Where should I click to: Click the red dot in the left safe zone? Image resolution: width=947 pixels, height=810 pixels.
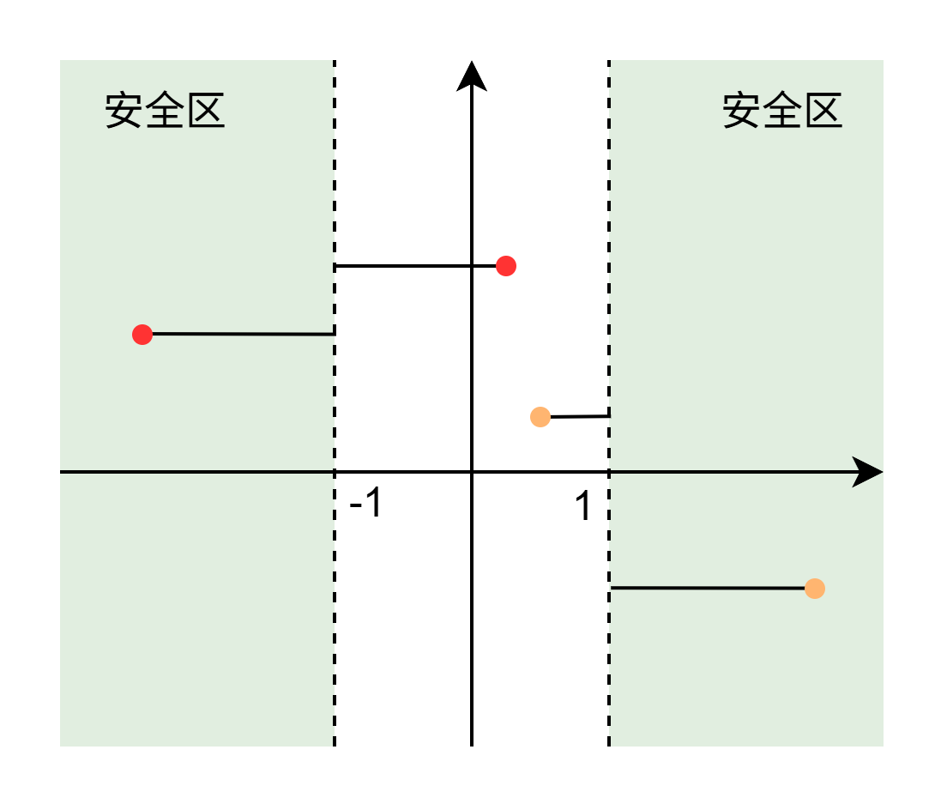(x=142, y=334)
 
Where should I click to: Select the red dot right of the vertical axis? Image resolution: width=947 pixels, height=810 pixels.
(x=506, y=266)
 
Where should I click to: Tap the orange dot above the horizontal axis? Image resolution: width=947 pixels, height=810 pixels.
(x=540, y=417)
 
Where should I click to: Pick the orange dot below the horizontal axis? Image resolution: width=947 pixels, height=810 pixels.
(x=815, y=589)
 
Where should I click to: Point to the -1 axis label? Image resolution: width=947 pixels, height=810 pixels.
(x=366, y=502)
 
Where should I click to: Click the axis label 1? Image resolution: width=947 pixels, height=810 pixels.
(x=582, y=505)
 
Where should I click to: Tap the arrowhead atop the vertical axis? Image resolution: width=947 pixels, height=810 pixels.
(x=472, y=76)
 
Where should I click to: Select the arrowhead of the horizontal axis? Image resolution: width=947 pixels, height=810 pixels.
(x=867, y=472)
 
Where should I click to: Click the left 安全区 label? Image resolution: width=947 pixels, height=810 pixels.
(x=165, y=110)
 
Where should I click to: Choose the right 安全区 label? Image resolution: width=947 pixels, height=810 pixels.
(x=782, y=110)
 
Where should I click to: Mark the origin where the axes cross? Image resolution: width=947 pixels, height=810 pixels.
(x=472, y=472)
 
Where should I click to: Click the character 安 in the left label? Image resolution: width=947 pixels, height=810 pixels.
(x=124, y=110)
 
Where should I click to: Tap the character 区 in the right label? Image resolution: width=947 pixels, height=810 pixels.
(x=823, y=110)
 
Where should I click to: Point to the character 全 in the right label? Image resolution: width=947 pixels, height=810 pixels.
(x=783, y=110)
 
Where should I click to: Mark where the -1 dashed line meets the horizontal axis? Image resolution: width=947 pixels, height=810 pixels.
(x=335, y=472)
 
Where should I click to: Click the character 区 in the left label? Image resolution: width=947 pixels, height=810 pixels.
(x=206, y=110)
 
